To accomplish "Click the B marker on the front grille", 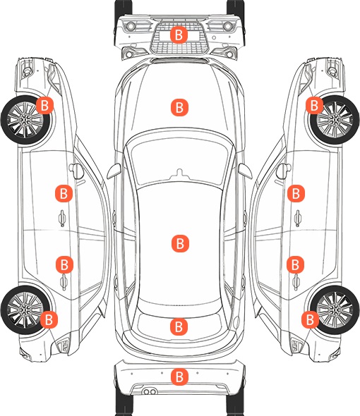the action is click(179, 35).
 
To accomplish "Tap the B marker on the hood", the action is click(179, 107).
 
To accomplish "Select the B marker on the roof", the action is click(180, 243).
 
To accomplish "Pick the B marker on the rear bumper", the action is click(179, 377).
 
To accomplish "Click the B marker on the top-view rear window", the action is click(179, 326).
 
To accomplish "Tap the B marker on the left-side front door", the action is click(64, 193).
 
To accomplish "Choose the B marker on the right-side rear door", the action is click(296, 264).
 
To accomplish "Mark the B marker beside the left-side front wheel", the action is click(44, 105).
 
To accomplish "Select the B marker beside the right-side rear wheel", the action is click(311, 319).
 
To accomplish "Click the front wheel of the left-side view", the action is click(25, 120).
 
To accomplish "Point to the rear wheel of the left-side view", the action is click(24, 310).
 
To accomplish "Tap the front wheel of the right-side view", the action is click(335, 120).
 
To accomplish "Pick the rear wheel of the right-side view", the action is click(335, 310).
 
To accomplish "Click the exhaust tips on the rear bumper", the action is click(150, 391).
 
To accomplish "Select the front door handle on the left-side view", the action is click(62, 218).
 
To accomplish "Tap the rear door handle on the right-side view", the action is click(296, 282).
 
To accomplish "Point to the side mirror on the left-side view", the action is click(76, 171).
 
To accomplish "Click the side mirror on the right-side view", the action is click(284, 171).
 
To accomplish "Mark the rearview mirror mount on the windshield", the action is click(180, 174).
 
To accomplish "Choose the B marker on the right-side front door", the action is click(296, 193).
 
